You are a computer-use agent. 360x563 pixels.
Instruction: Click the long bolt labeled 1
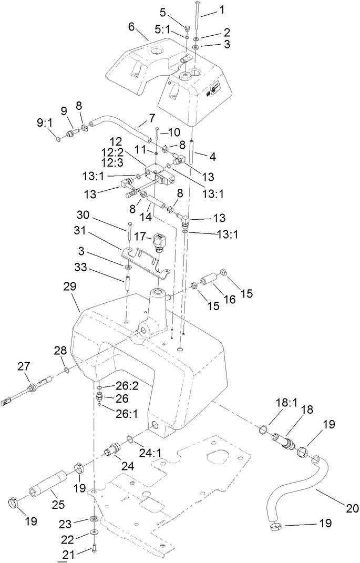tap(197, 16)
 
